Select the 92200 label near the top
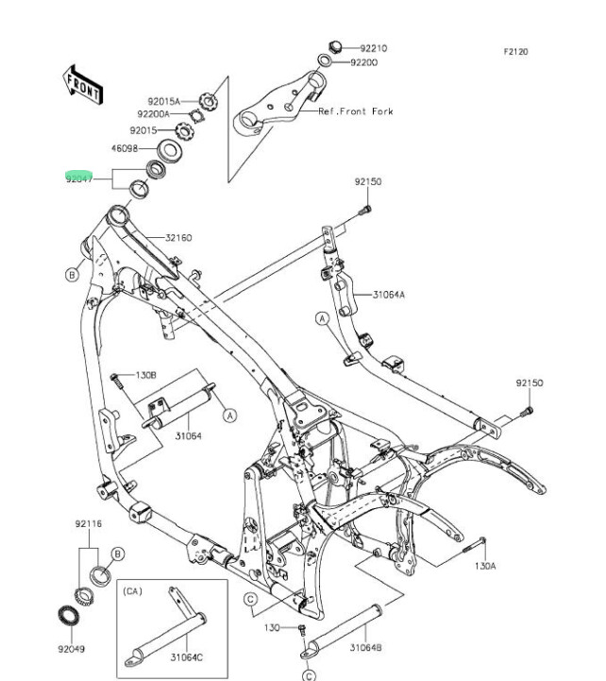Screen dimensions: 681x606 (x=363, y=62)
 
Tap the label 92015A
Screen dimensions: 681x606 (x=162, y=101)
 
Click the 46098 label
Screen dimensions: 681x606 (x=125, y=148)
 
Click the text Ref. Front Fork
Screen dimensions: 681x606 (x=355, y=111)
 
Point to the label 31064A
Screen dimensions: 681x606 (x=388, y=295)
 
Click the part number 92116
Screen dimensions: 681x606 (x=89, y=523)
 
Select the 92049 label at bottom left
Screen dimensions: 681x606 (x=70, y=649)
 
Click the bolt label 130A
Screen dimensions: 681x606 (x=483, y=568)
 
